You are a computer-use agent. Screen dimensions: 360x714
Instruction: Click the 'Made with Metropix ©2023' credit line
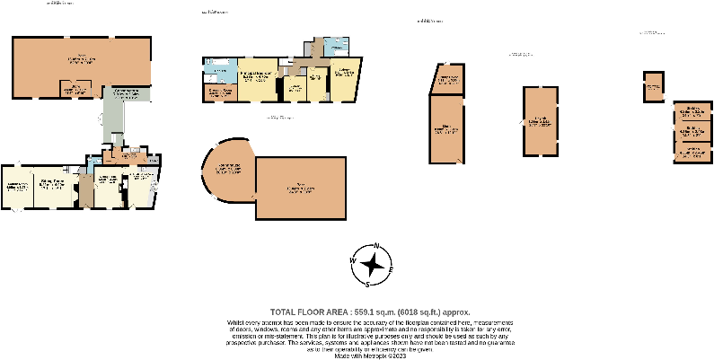[x=369, y=356]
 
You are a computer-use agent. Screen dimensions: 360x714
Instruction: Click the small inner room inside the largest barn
[x=80, y=88]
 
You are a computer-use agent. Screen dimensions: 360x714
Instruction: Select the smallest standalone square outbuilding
[x=653, y=87]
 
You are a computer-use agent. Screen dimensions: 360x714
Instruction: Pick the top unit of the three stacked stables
[x=692, y=112]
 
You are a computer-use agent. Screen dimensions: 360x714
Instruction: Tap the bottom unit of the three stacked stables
[x=692, y=152]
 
